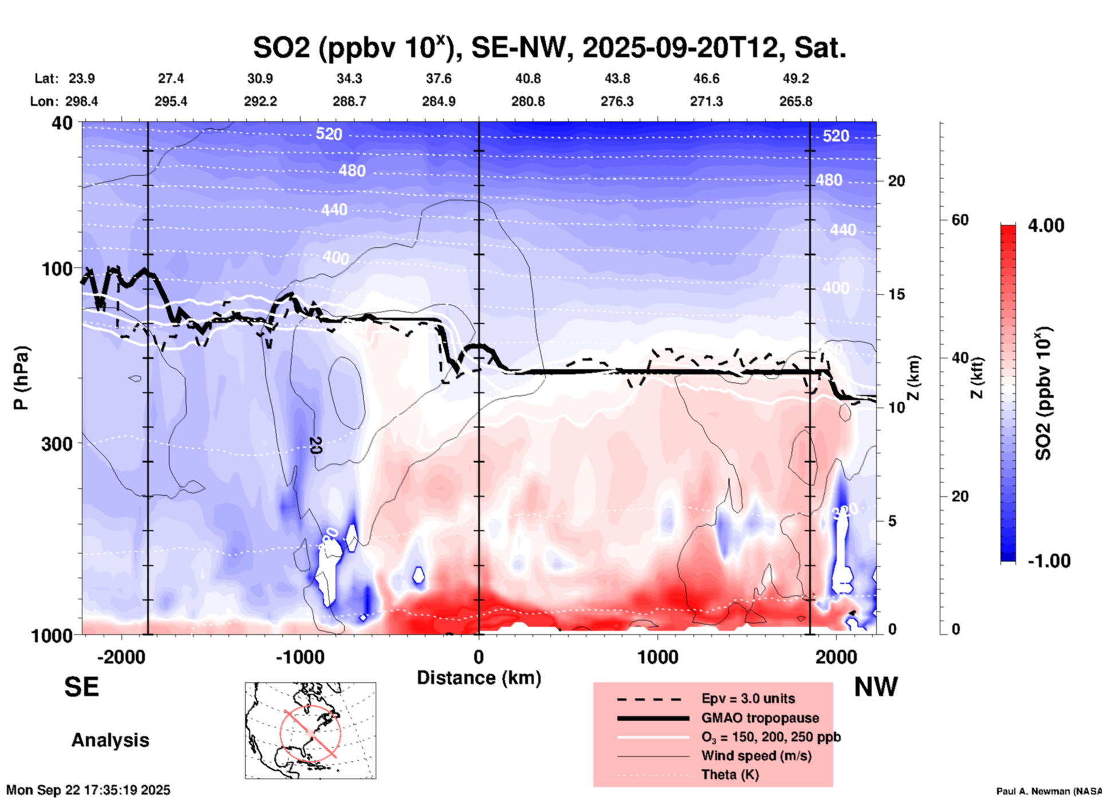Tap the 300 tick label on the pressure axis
[57, 444]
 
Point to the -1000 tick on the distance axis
[300, 657]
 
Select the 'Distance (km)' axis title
[479, 678]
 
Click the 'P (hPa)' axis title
[21, 378]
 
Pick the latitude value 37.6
[439, 78]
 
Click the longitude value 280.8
[527, 101]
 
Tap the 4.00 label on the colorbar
[1046, 226]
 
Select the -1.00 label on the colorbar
[1049, 560]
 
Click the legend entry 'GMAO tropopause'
[760, 718]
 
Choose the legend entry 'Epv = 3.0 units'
[748, 698]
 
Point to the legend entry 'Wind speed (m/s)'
[756, 756]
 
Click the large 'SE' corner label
[81, 687]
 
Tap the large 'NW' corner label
[876, 687]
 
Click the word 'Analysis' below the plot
[110, 740]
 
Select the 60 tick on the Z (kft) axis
[959, 220]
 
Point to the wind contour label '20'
[314, 445]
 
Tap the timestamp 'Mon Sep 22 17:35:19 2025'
[88, 790]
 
